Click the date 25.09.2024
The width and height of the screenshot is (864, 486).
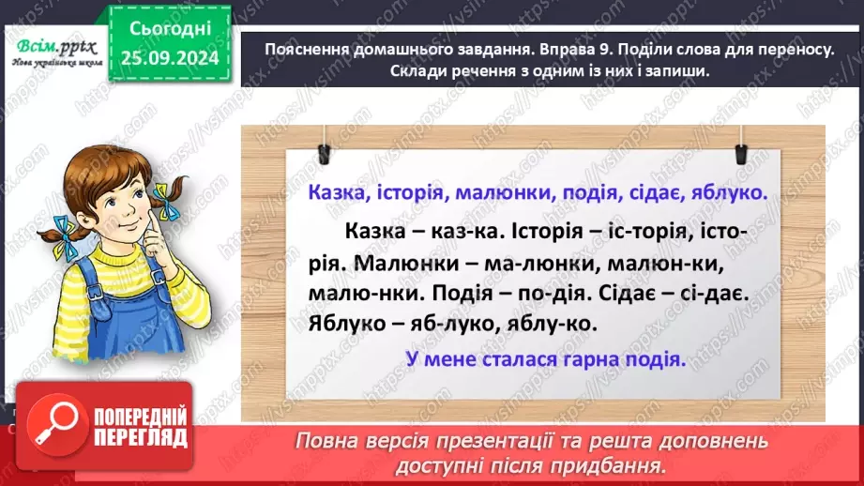tap(169, 57)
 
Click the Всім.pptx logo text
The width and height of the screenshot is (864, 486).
tap(53, 44)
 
